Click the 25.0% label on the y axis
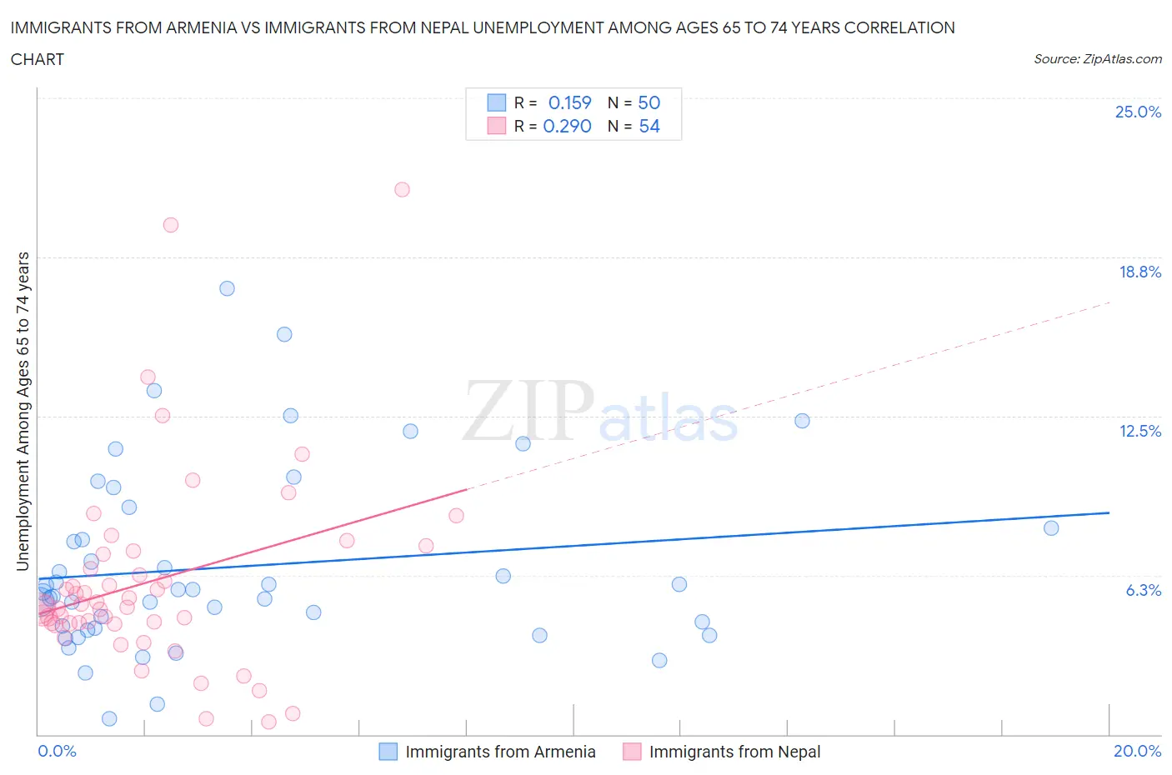pos(1138,112)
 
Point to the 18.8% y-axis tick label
pos(1139,272)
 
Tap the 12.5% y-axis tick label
pos(1139,431)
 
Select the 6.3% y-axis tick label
pos(1143,590)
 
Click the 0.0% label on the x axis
pos(57,751)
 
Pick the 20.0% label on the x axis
pos(1137,751)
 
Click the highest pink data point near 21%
pos(402,189)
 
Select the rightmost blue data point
pos(1051,527)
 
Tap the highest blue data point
pos(227,288)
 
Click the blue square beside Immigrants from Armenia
pos(388,752)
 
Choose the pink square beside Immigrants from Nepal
pos(632,752)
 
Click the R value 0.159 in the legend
pos(569,102)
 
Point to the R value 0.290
pos(567,126)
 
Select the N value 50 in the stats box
pos(649,102)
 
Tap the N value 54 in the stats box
pos(649,126)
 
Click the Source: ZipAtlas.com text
pos(1097,58)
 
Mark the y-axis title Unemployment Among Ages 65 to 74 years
pos(23,411)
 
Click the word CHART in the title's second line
pos(38,59)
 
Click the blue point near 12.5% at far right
pos(802,421)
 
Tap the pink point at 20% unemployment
pos(171,224)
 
